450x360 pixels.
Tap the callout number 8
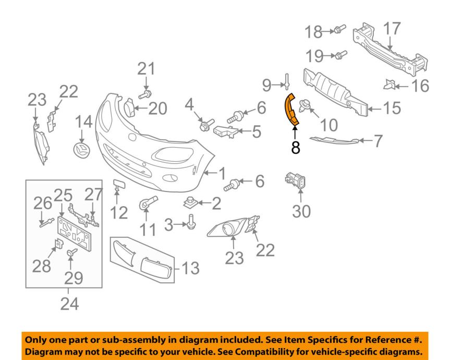tap(296, 148)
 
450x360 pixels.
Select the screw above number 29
tap(70, 254)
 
